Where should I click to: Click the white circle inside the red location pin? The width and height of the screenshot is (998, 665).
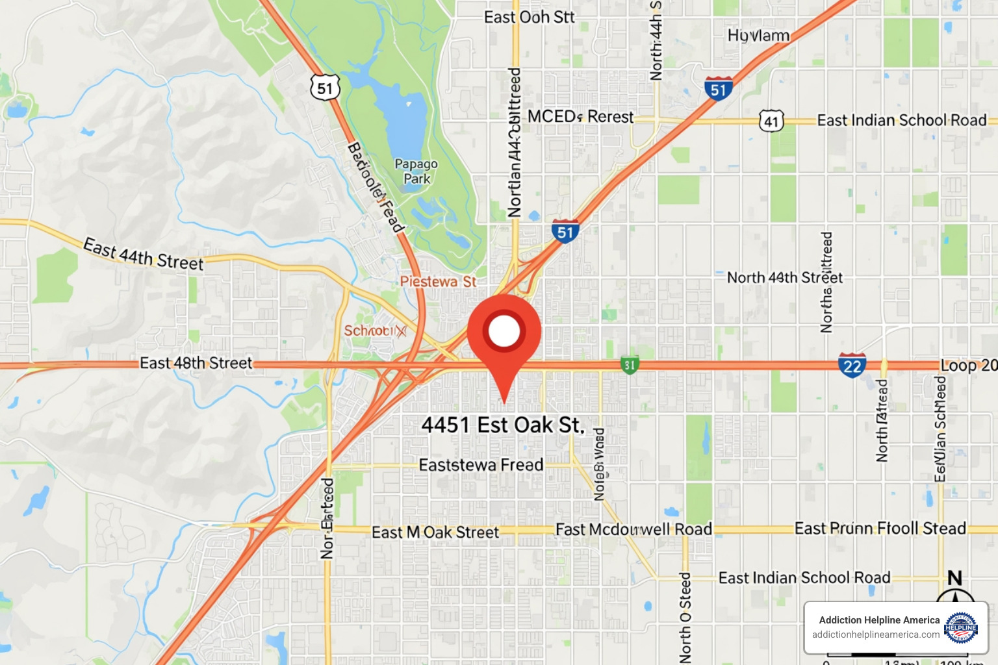tap(504, 331)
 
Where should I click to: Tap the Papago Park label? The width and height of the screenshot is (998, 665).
tap(416, 171)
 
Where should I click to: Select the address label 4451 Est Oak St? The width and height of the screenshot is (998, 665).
tap(503, 425)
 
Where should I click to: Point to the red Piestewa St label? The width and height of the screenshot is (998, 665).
tap(438, 282)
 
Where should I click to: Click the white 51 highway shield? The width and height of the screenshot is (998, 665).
tap(325, 88)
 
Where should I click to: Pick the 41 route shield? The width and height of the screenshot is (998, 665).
tap(771, 121)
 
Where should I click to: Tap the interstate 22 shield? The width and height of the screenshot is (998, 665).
tap(852, 366)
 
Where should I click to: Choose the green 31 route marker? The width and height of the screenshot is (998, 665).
tap(629, 365)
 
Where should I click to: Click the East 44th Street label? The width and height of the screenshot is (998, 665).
tap(144, 255)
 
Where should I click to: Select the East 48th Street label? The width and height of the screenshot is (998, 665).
tap(196, 363)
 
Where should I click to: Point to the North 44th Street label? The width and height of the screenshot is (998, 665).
tap(784, 278)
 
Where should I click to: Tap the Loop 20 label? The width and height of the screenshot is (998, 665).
tap(969, 366)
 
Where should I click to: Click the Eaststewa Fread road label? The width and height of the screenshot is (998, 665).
tap(481, 465)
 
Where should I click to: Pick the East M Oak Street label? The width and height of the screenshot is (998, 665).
tap(435, 533)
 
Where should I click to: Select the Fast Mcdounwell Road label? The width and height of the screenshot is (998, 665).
tap(633, 530)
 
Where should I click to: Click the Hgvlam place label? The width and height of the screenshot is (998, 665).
tap(758, 36)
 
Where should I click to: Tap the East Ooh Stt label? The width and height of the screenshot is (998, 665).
tap(529, 18)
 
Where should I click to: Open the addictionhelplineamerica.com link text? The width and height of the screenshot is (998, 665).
tap(875, 634)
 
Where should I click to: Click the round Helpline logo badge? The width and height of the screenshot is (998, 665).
tap(961, 627)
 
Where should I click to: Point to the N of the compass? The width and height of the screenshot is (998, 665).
tap(954, 577)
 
